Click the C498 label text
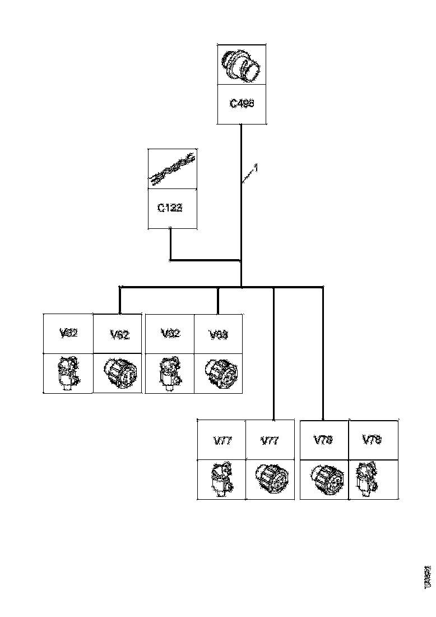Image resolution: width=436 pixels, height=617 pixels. pyautogui.click(x=242, y=104)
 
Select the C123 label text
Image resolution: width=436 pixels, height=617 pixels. pyautogui.click(x=169, y=208)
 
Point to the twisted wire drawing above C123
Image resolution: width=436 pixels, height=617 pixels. pyautogui.click(x=171, y=169)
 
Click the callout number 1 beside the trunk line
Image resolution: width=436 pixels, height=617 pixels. pyautogui.click(x=256, y=168)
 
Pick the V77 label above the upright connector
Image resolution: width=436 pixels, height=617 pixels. pyautogui.click(x=222, y=440)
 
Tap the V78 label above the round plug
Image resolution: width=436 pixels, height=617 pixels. pyautogui.click(x=324, y=440)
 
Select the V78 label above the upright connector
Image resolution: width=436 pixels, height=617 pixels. pyautogui.click(x=373, y=440)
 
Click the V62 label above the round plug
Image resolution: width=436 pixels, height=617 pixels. pyautogui.click(x=119, y=335)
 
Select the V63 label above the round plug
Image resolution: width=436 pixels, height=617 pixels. pyautogui.click(x=218, y=335)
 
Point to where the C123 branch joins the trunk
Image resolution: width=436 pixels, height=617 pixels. pyautogui.click(x=241, y=260)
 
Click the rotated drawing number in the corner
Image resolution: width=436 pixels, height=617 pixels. pyautogui.click(x=428, y=575)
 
